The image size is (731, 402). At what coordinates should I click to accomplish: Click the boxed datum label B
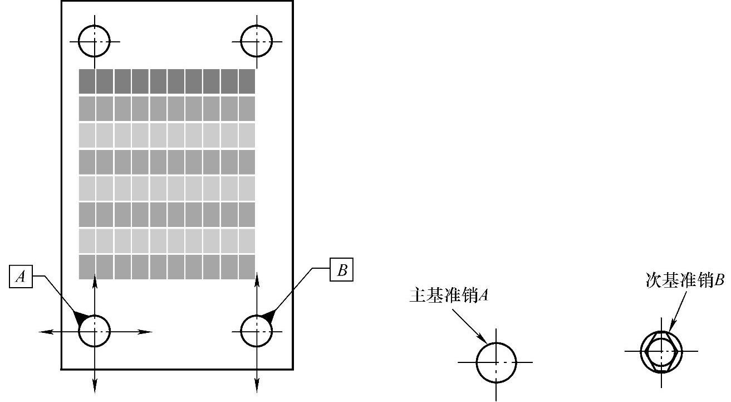[x=342, y=270]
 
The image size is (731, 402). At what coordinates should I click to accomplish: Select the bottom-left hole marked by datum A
[x=95, y=331]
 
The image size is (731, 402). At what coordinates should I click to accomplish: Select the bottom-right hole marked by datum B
[x=257, y=331]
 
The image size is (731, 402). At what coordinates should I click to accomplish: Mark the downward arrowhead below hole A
[x=95, y=384]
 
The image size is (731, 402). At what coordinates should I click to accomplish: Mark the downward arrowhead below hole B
[x=257, y=384]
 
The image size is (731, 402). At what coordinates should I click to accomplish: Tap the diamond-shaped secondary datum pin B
[x=661, y=352]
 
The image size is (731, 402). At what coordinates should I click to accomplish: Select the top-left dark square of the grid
[x=87, y=81]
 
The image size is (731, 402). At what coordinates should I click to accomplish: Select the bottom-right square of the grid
[x=247, y=267]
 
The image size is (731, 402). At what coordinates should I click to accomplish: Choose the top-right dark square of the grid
[x=247, y=81]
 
